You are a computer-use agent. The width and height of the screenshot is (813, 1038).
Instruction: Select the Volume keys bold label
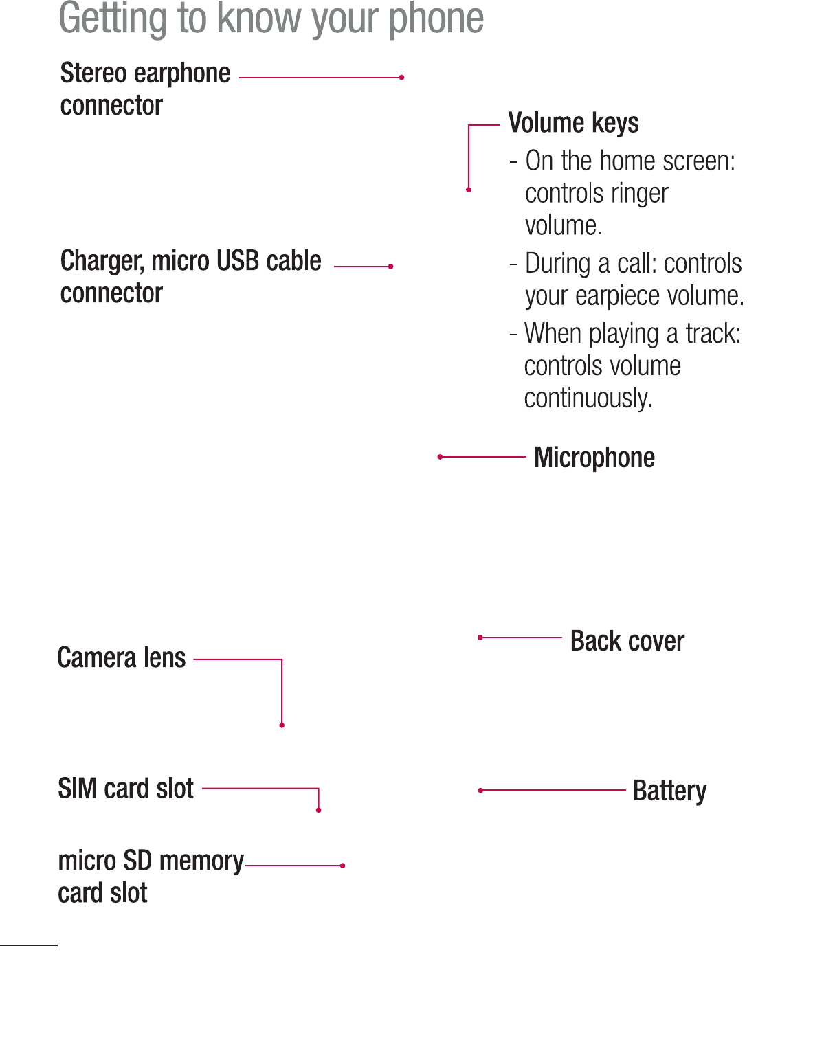click(573, 123)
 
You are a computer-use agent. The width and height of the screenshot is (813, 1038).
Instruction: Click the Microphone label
click(594, 458)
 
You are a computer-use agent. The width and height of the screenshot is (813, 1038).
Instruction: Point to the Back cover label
click(627, 641)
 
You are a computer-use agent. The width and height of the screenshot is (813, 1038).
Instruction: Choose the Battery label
click(669, 791)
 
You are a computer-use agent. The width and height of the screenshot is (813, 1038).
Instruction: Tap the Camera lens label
click(122, 658)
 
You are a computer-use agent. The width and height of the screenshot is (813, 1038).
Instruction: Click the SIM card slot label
click(126, 789)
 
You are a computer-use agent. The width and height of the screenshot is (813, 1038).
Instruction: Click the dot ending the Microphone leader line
click(440, 457)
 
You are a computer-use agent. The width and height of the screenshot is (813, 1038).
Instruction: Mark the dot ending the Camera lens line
click(282, 725)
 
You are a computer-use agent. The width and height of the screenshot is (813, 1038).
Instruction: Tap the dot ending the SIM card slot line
click(318, 811)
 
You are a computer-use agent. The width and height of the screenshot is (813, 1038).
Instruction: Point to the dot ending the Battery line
click(480, 791)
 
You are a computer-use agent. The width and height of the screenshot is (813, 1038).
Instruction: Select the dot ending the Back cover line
click(480, 638)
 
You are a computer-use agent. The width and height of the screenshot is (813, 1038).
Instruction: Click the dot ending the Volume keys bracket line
click(469, 190)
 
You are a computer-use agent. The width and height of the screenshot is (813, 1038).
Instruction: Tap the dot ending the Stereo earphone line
click(402, 78)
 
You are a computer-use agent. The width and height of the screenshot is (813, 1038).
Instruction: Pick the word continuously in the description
click(588, 398)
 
